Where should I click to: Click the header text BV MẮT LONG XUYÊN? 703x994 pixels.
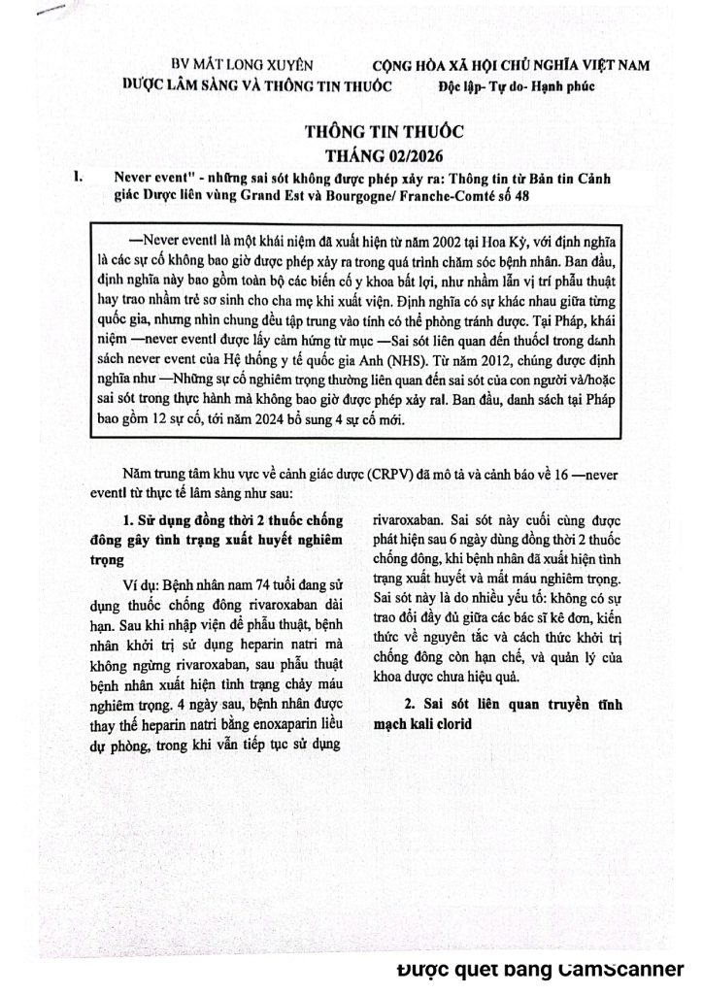(242, 65)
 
